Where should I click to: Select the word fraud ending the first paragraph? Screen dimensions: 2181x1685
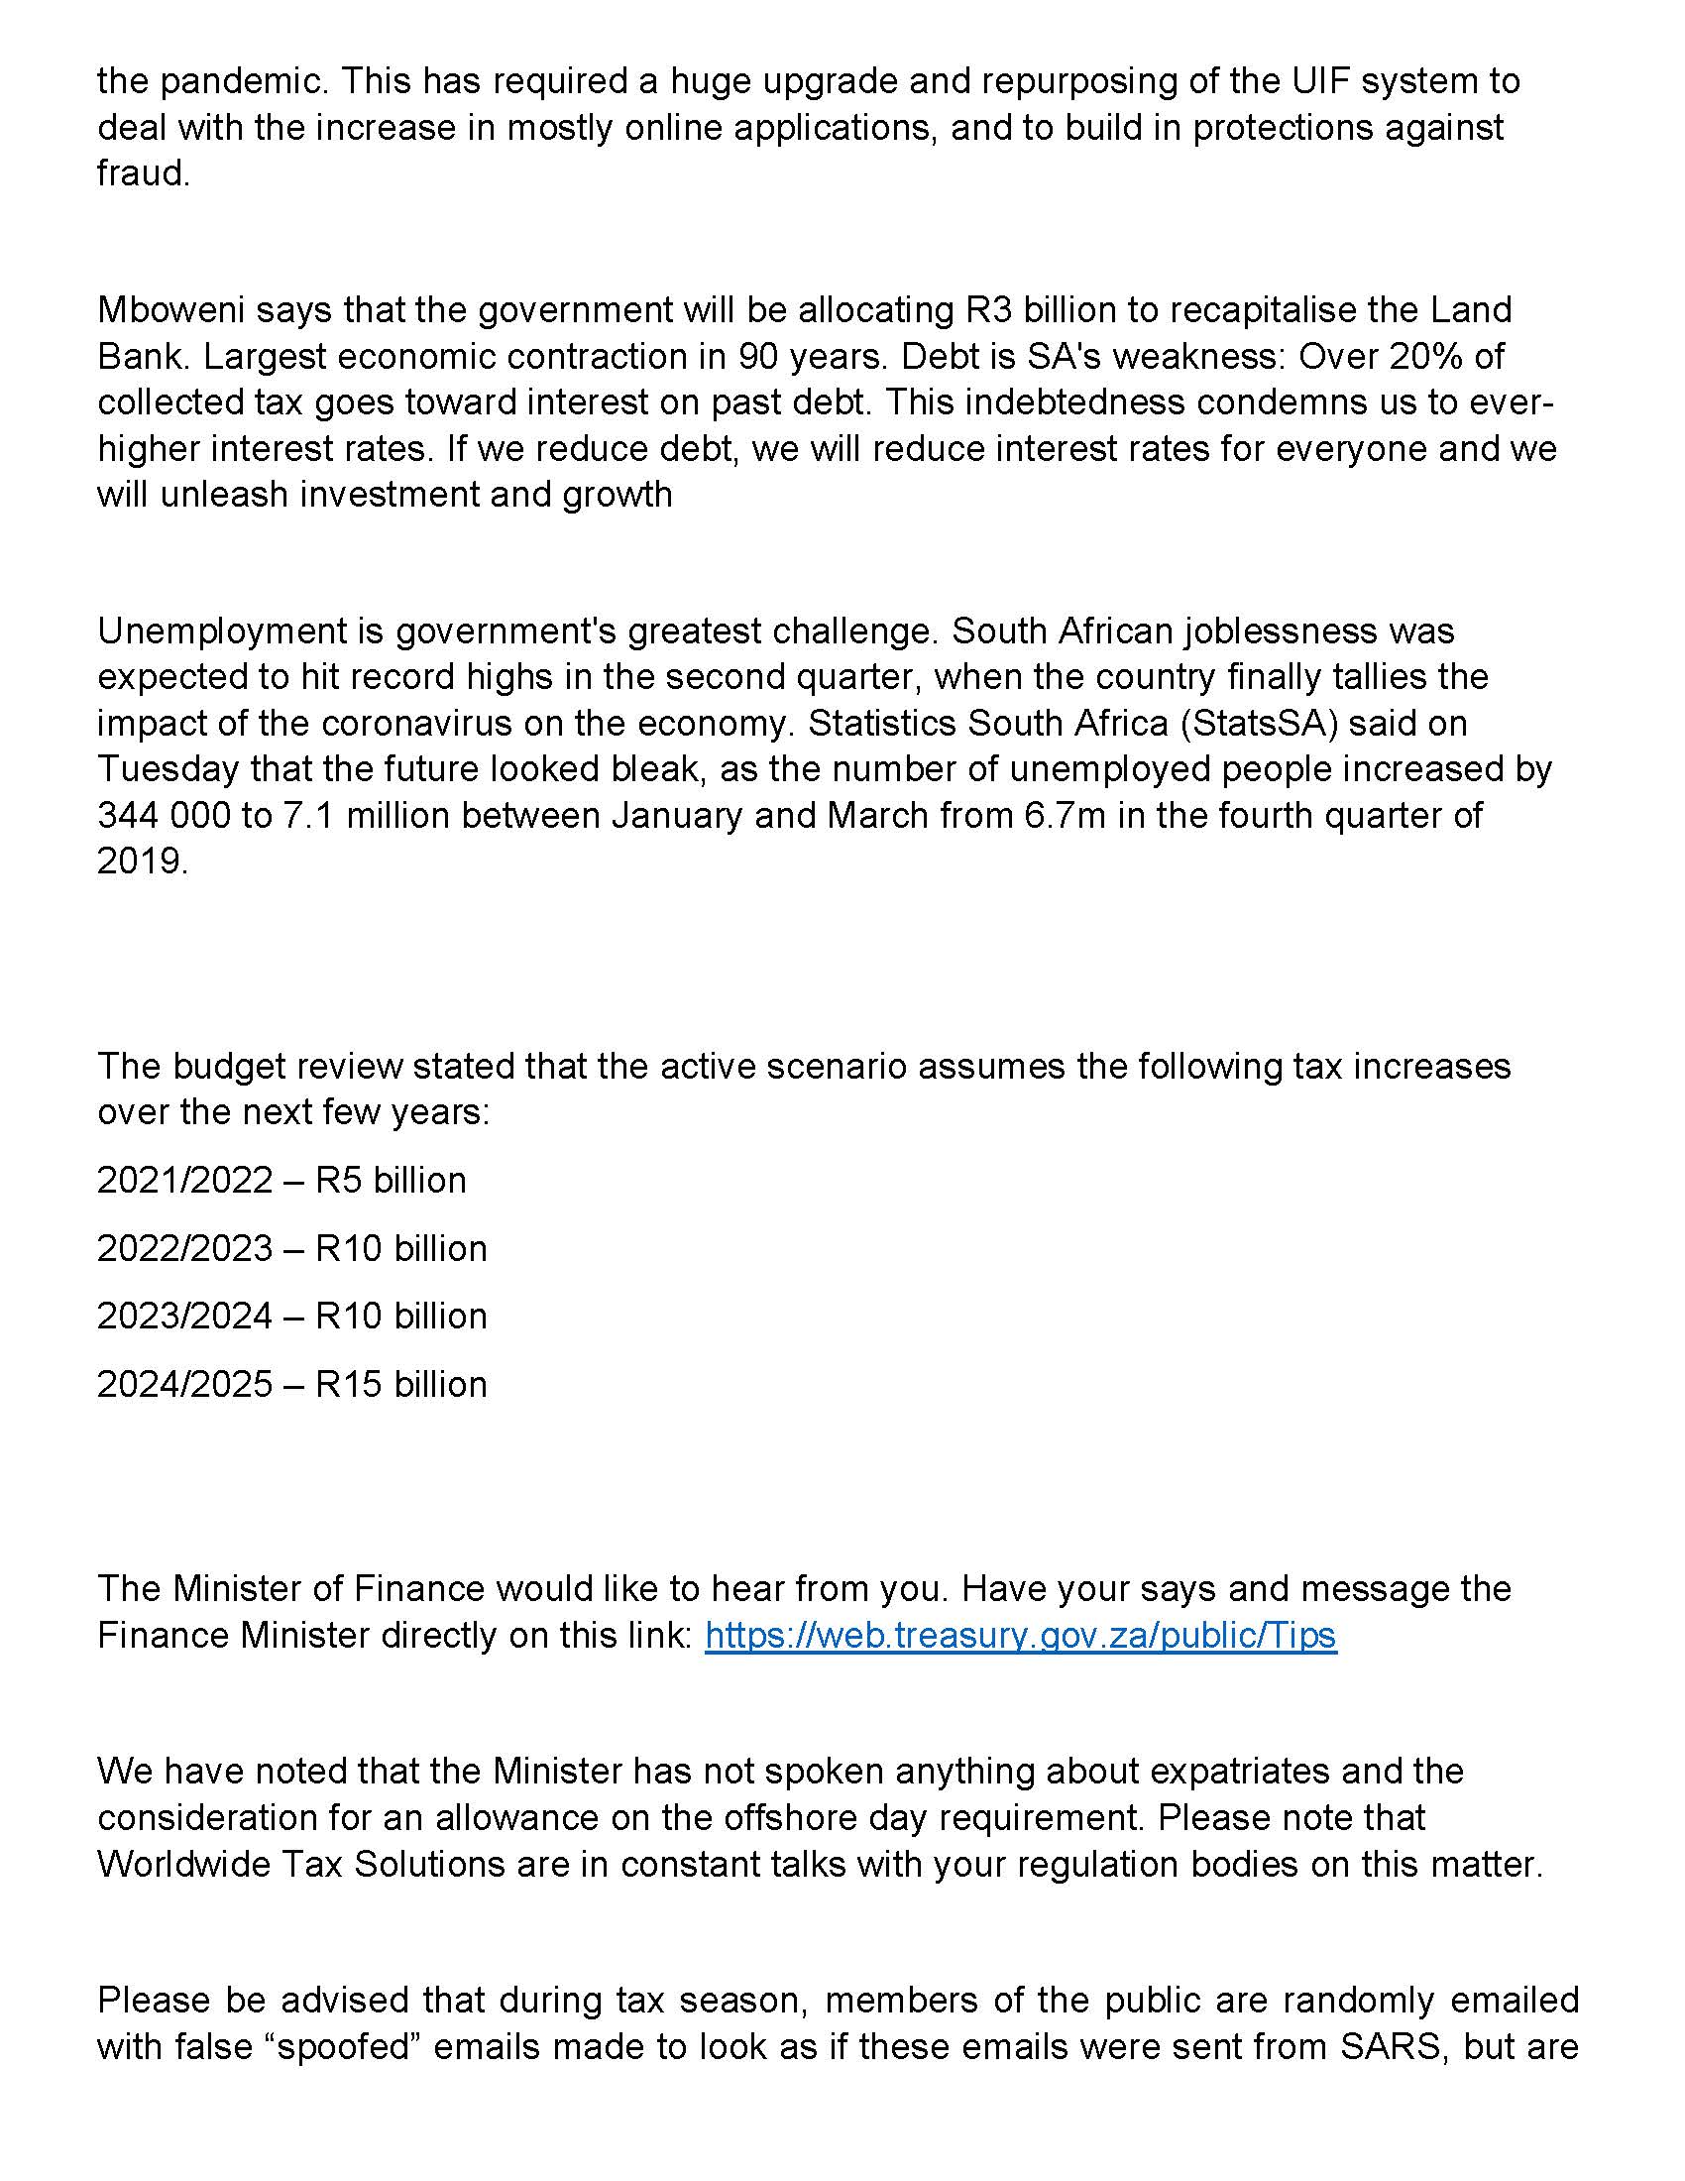(x=142, y=173)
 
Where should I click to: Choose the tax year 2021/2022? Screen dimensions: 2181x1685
(x=184, y=1181)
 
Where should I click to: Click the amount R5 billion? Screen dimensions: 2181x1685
(x=392, y=1181)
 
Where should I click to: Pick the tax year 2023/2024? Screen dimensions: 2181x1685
(x=184, y=1317)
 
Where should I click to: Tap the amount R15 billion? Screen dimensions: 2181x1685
(x=401, y=1384)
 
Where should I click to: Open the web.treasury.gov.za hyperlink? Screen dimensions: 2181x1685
(x=1020, y=1635)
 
